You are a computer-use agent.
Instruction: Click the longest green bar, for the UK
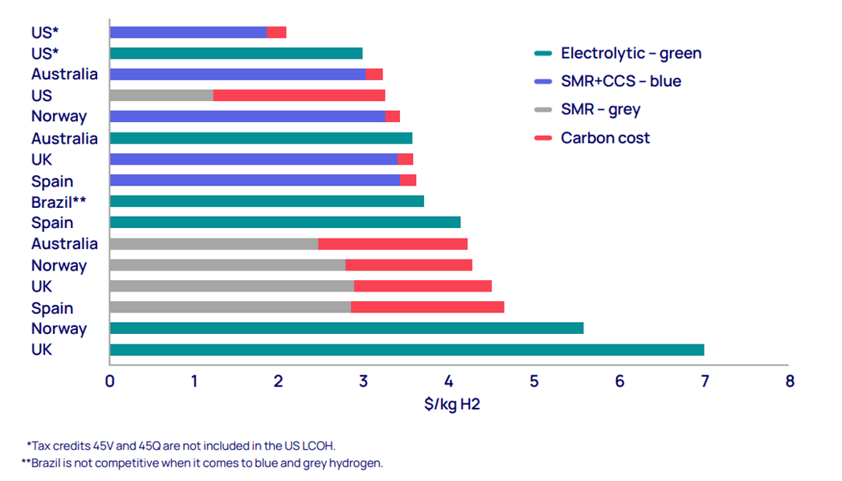pos(407,349)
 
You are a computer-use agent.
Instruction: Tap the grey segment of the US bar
pos(161,95)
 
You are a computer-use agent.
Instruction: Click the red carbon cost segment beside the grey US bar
pos(299,95)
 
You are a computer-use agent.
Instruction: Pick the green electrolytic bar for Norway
pos(346,328)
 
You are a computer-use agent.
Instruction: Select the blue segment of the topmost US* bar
pos(188,32)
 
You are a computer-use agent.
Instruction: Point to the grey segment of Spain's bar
pos(230,307)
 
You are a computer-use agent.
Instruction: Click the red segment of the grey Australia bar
pos(393,243)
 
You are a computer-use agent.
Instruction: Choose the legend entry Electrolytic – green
pos(631,54)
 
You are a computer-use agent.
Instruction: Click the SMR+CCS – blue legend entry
pos(620,81)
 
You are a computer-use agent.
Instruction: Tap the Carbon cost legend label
pos(605,138)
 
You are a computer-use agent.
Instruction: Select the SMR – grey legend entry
pos(600,109)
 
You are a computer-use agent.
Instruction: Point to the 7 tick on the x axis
pos(704,381)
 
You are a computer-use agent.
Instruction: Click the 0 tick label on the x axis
pos(110,381)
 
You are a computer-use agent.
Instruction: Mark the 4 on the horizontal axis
pos(449,381)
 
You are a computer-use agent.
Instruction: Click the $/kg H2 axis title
pos(452,404)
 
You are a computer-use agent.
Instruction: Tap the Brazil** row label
pos(59,202)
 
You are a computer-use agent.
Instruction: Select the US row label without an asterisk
pos(42,96)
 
